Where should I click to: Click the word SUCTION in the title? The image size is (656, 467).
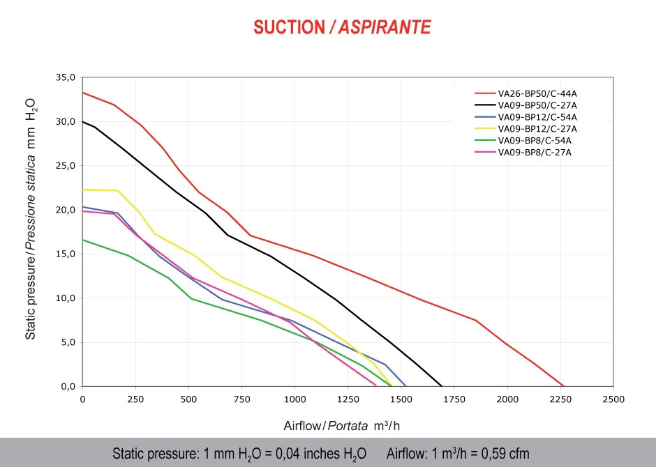pyautogui.click(x=289, y=27)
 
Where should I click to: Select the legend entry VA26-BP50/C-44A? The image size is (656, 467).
pyautogui.click(x=537, y=93)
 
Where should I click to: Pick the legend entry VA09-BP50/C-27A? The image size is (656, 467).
pyautogui.click(x=537, y=105)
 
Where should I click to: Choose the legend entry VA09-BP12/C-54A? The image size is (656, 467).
pyautogui.click(x=537, y=116)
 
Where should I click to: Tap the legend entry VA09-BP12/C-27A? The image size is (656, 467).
pyautogui.click(x=537, y=128)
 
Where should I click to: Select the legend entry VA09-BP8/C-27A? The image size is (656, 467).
pyautogui.click(x=535, y=152)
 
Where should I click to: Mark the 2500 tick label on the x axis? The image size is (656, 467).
pyautogui.click(x=613, y=399)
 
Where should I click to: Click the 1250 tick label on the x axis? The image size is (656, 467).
pyautogui.click(x=348, y=399)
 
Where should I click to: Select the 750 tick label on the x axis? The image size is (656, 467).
pyautogui.click(x=241, y=399)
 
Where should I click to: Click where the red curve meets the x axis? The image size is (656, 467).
pyautogui.click(x=563, y=385)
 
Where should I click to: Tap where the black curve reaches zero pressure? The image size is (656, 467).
pyautogui.click(x=442, y=385)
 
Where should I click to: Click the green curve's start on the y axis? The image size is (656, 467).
pyautogui.click(x=83, y=240)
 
